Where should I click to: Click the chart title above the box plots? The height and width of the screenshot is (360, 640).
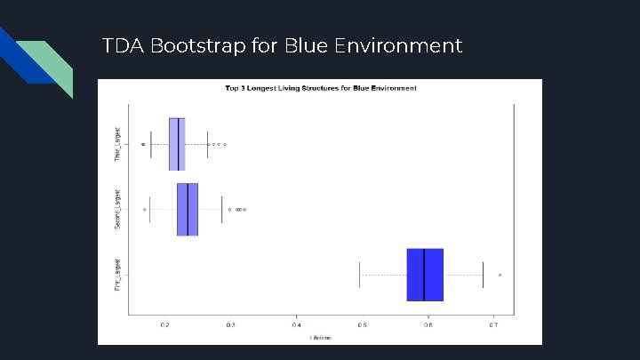click(320, 89)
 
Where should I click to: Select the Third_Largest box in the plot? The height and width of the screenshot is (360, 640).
click(177, 143)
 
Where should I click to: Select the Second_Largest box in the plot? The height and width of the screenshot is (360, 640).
click(188, 210)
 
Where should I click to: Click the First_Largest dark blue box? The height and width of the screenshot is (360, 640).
click(425, 275)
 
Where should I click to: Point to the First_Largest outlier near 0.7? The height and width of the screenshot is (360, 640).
click(500, 276)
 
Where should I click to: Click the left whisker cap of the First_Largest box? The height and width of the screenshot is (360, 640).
click(359, 275)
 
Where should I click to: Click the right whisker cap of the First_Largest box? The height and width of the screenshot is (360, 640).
click(483, 275)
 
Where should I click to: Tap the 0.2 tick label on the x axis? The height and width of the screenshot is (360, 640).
click(164, 325)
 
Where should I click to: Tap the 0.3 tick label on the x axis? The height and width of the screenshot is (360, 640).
click(230, 325)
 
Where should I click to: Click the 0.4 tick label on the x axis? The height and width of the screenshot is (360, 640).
click(296, 325)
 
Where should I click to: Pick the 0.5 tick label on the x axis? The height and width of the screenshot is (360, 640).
click(362, 325)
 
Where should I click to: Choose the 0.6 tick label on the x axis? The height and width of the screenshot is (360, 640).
click(428, 325)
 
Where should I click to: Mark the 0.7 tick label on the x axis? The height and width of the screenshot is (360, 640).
click(493, 325)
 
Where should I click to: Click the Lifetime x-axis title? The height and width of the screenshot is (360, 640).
click(320, 338)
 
